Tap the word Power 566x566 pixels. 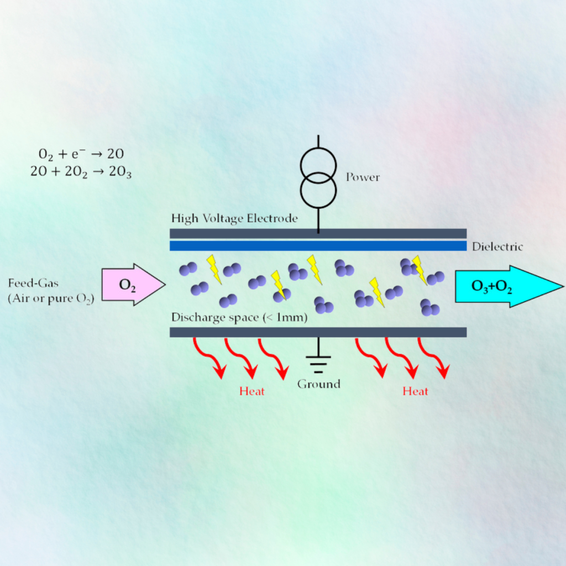click(x=363, y=177)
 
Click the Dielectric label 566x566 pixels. click(x=497, y=247)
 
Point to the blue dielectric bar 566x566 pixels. click(x=318, y=246)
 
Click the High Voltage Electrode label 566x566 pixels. click(x=234, y=218)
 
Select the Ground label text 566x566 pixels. click(x=319, y=384)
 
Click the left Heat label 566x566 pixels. click(x=252, y=391)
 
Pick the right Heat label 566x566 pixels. click(x=416, y=391)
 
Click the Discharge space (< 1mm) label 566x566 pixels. click(x=239, y=318)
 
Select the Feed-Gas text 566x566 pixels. click(x=33, y=283)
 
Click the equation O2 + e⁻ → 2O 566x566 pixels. click(x=81, y=154)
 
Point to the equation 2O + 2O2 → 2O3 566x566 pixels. click(x=81, y=172)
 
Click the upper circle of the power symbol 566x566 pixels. click(x=318, y=166)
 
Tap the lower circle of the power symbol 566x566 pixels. click(x=318, y=190)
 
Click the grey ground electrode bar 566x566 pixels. click(x=318, y=332)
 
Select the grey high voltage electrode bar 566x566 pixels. click(x=318, y=234)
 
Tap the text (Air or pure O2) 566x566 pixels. click(x=51, y=299)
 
